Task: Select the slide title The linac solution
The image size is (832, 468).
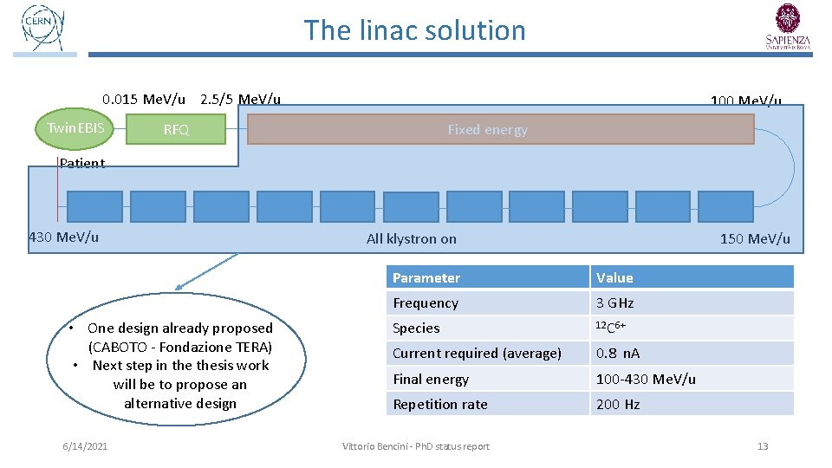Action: [x=414, y=30]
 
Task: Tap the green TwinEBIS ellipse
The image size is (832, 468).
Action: [x=75, y=129]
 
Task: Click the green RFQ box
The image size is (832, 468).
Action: [x=176, y=130]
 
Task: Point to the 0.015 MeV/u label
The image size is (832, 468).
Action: [x=143, y=99]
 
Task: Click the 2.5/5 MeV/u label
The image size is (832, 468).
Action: [x=240, y=99]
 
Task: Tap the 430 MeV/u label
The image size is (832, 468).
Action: [x=64, y=237]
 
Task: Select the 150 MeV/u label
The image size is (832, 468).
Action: [x=755, y=239]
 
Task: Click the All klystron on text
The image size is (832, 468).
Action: [x=411, y=239]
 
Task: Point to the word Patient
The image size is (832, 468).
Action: [x=82, y=163]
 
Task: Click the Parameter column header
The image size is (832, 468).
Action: [x=426, y=277]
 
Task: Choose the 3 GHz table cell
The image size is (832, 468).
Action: [x=614, y=302]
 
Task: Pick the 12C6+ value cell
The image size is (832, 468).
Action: [x=610, y=328]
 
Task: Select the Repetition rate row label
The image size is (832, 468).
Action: [x=440, y=404]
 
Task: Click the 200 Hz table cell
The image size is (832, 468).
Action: [x=617, y=404]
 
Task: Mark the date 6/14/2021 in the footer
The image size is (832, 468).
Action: [x=85, y=446]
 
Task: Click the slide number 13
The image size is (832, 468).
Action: [x=763, y=446]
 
